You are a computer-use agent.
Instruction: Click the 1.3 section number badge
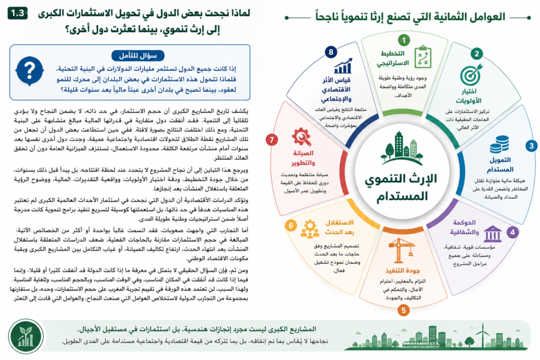[17, 13]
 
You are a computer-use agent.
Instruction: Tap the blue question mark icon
[30, 71]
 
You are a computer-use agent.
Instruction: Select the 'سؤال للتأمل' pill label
[138, 56]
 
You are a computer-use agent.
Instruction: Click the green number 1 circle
[403, 40]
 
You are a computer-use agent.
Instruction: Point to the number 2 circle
[477, 54]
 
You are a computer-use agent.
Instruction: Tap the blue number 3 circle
[532, 145]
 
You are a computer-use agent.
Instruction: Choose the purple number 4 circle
[513, 232]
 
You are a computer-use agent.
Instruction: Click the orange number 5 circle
[403, 310]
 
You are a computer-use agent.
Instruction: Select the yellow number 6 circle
[291, 226]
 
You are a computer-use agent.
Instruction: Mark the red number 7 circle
[272, 140]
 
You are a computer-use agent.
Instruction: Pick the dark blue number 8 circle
[331, 52]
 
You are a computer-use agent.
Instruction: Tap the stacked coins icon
[499, 144]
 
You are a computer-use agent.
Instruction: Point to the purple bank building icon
[493, 234]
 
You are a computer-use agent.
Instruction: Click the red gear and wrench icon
[302, 137]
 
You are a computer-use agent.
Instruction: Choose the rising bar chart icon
[343, 66]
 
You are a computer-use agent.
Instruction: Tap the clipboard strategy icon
[423, 56]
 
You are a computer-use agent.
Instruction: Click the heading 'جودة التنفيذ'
[402, 270]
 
